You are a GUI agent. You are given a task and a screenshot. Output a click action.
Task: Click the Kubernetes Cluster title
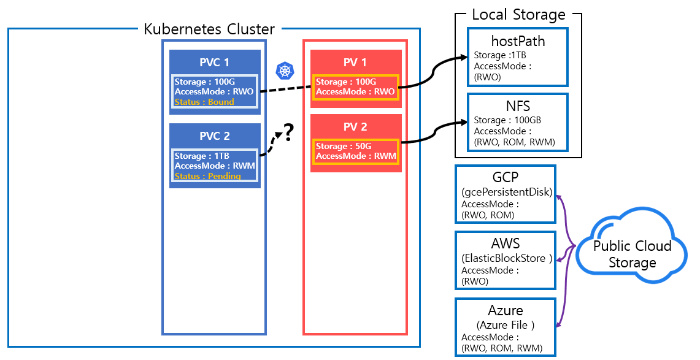click(209, 29)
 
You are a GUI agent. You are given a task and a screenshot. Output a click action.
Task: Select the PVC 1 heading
click(214, 63)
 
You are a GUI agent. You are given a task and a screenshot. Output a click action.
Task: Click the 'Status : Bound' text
click(204, 102)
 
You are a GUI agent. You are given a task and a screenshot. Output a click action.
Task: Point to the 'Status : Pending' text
click(207, 176)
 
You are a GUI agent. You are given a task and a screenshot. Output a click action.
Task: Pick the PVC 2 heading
click(214, 136)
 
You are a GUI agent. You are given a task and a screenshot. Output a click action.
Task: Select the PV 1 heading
click(356, 63)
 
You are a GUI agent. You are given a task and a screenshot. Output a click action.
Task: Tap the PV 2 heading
click(356, 127)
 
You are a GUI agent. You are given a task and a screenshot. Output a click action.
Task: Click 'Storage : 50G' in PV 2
click(344, 147)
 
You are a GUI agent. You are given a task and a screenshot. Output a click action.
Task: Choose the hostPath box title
click(518, 42)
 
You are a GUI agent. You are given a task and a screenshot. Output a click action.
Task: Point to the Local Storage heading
click(518, 15)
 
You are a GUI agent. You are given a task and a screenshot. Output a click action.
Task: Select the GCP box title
click(505, 178)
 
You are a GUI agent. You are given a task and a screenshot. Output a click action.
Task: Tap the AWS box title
click(506, 244)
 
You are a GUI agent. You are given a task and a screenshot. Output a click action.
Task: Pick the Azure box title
click(506, 310)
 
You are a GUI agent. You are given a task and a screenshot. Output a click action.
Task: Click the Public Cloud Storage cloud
click(632, 254)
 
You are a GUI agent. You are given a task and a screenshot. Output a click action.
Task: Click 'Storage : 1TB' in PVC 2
click(202, 156)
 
